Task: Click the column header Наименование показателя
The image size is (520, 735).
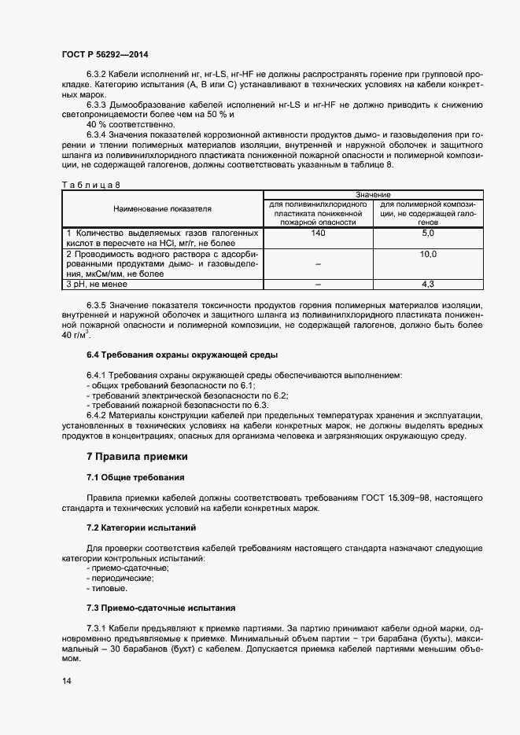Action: (162, 209)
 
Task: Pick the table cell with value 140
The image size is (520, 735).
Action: (318, 234)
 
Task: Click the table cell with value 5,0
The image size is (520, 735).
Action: (429, 234)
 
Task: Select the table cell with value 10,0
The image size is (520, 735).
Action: (429, 255)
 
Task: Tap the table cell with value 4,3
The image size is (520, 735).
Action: (429, 284)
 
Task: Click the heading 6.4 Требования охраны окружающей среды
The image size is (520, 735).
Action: (167, 355)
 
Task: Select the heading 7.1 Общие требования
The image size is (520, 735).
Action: (135, 477)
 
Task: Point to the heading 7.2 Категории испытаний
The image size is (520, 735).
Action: (141, 527)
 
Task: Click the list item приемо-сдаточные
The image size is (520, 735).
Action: (130, 568)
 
